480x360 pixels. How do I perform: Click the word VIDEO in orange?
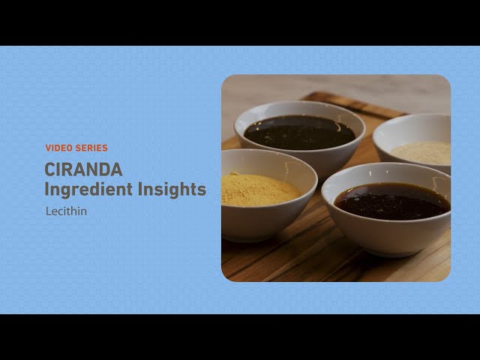(58, 148)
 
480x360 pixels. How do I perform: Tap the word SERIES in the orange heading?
(91, 148)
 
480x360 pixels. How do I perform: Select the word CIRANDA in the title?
(83, 170)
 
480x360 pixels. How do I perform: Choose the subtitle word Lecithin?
(66, 211)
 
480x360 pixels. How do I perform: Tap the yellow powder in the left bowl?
(259, 190)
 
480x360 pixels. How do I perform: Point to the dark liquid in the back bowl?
(299, 133)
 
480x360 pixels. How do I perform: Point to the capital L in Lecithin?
(49, 211)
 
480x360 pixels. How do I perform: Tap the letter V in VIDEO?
(48, 148)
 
